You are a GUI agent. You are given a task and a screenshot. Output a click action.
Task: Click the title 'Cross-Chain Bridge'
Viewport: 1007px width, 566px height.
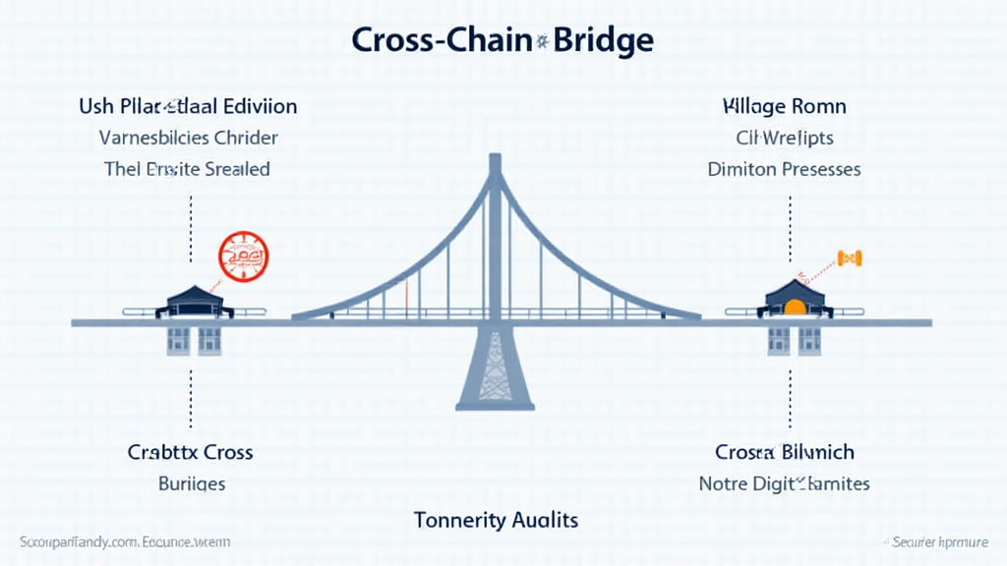pyautogui.click(x=502, y=40)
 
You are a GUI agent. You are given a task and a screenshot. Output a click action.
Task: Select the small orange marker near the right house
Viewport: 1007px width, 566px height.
pyautogui.click(x=849, y=257)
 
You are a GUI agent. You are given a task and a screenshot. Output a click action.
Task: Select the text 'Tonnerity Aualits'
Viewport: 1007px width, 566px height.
pyautogui.click(x=496, y=519)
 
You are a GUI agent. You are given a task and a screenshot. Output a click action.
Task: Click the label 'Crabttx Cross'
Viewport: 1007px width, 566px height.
pyautogui.click(x=190, y=453)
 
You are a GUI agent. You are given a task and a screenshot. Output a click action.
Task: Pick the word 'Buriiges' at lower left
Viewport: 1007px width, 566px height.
pyautogui.click(x=192, y=483)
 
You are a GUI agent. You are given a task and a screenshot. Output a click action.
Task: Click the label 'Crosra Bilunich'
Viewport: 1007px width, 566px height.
pyautogui.click(x=785, y=453)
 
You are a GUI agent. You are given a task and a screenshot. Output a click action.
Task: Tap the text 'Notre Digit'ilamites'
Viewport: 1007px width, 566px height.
pyautogui.click(x=784, y=483)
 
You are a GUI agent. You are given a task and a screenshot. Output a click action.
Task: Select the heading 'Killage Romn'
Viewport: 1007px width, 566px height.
pyautogui.click(x=784, y=106)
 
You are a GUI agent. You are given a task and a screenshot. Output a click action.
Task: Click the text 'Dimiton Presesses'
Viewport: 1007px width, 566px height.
pyautogui.click(x=784, y=169)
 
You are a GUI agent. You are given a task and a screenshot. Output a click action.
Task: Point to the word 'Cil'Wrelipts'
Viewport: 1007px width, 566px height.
pyautogui.click(x=785, y=138)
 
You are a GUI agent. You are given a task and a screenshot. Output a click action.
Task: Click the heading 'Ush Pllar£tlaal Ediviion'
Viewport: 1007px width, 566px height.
pyautogui.click(x=189, y=106)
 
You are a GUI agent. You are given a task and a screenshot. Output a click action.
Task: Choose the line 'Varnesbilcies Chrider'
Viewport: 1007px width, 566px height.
pyautogui.click(x=189, y=138)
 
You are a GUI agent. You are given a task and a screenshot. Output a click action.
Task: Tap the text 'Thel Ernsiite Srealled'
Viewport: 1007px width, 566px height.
pyautogui.click(x=187, y=169)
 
